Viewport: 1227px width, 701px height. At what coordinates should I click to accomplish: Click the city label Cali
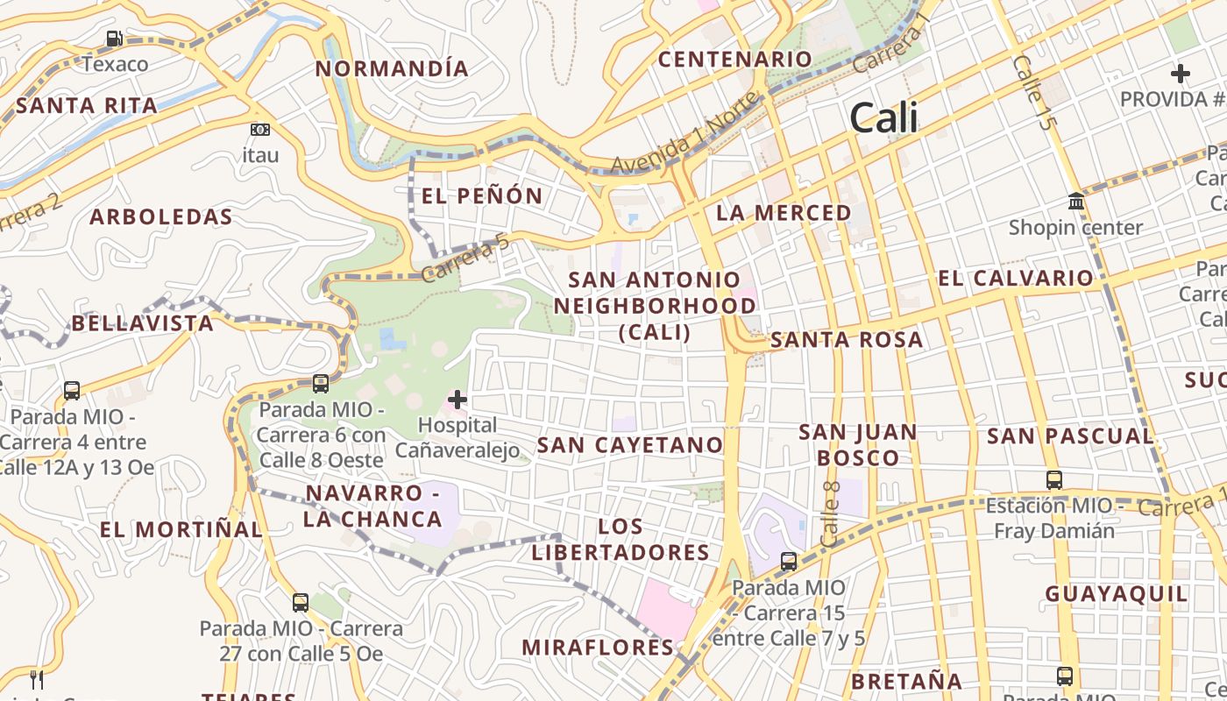[x=883, y=117]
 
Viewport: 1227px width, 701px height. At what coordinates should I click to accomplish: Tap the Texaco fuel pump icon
[x=114, y=39]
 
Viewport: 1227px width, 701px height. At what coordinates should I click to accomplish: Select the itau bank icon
[x=259, y=130]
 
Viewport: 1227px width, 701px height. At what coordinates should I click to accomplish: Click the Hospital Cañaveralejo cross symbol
[x=457, y=400]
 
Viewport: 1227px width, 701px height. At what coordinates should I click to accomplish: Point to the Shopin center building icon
[x=1076, y=202]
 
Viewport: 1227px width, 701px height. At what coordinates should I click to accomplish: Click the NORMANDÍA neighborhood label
[x=392, y=68]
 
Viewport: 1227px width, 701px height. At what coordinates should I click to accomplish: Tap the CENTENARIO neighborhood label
[x=734, y=59]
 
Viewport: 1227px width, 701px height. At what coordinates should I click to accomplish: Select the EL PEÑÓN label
[x=482, y=195]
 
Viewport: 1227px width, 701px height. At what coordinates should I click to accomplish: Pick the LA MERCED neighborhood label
[x=784, y=213]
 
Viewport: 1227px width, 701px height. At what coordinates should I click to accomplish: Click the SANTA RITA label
[x=87, y=106]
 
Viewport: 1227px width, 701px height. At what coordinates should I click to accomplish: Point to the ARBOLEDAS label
[x=161, y=217]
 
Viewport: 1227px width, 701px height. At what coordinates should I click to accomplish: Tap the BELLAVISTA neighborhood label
[x=142, y=323]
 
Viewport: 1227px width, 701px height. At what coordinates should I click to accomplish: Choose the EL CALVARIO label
[x=1016, y=279]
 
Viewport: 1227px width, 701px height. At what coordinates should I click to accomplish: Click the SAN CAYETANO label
[x=629, y=445]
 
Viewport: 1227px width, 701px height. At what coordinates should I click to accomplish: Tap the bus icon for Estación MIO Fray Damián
[x=1054, y=480]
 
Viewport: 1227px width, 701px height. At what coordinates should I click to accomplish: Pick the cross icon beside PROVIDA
[x=1181, y=74]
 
